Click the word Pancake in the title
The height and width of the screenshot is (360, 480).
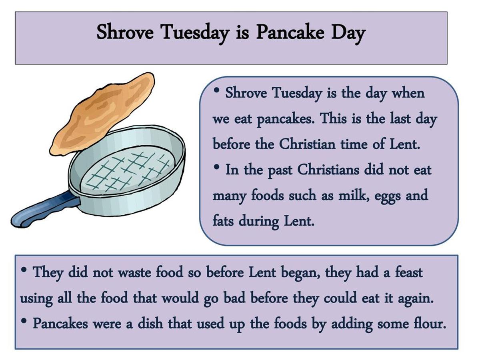(x=290, y=32)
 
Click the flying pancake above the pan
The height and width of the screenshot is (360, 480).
(x=102, y=114)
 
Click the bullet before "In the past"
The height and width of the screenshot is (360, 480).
(x=216, y=167)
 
